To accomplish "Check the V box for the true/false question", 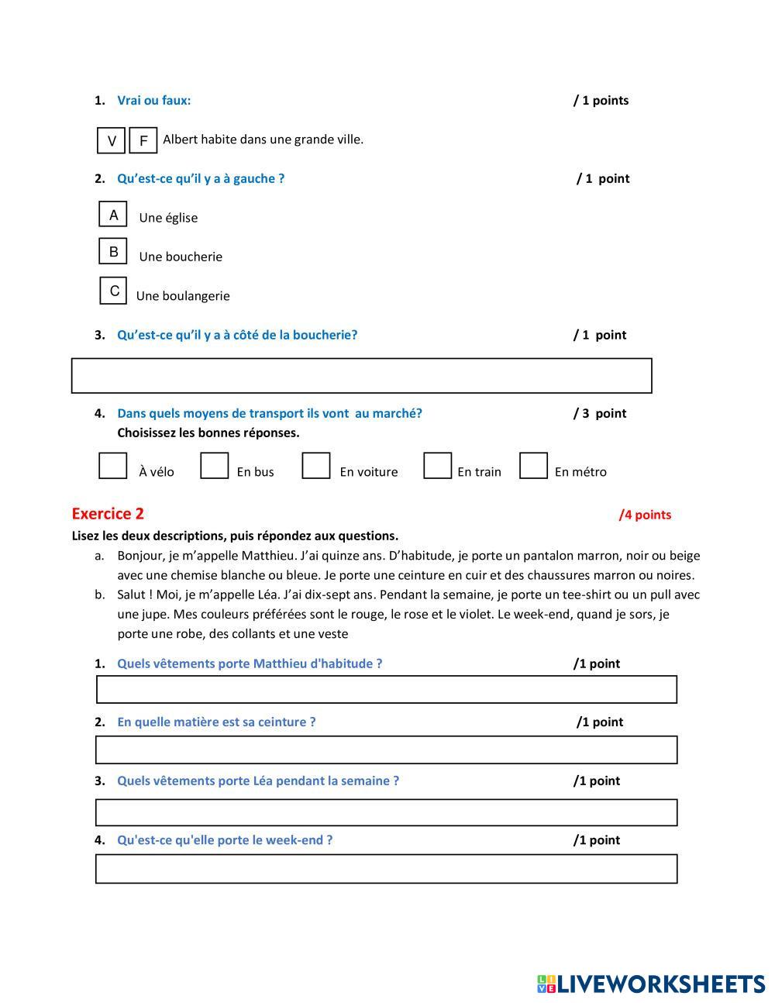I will point(112,140).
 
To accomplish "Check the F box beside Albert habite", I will point(143,140).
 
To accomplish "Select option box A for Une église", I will point(113,214).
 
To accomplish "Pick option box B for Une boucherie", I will point(113,251).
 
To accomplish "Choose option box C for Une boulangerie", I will point(114,291).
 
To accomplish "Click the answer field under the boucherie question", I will point(361,376).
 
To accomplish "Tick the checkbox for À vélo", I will point(113,466).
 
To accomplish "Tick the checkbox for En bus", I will point(214,466).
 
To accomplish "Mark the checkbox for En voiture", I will point(315,466).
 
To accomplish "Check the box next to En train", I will point(437,466).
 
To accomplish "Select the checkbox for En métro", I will point(533,466).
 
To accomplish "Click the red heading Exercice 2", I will point(108,514).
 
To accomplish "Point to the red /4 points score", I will point(645,515).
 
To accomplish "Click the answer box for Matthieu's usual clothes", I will point(386,689).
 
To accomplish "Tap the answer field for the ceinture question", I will point(386,750).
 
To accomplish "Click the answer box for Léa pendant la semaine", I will point(386,812).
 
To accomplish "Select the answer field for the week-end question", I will point(386,869).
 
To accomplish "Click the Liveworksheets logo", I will point(651,984).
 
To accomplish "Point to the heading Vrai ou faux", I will point(153,100).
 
